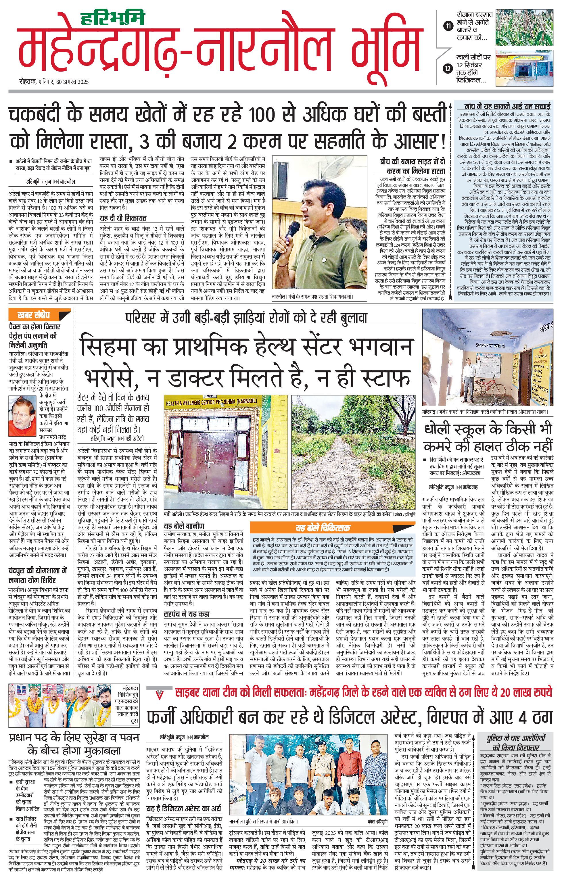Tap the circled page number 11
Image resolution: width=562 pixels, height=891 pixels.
(448, 26)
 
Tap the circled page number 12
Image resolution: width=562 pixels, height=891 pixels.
(448, 68)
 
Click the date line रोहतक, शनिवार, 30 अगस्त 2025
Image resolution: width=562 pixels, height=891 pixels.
(54, 82)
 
